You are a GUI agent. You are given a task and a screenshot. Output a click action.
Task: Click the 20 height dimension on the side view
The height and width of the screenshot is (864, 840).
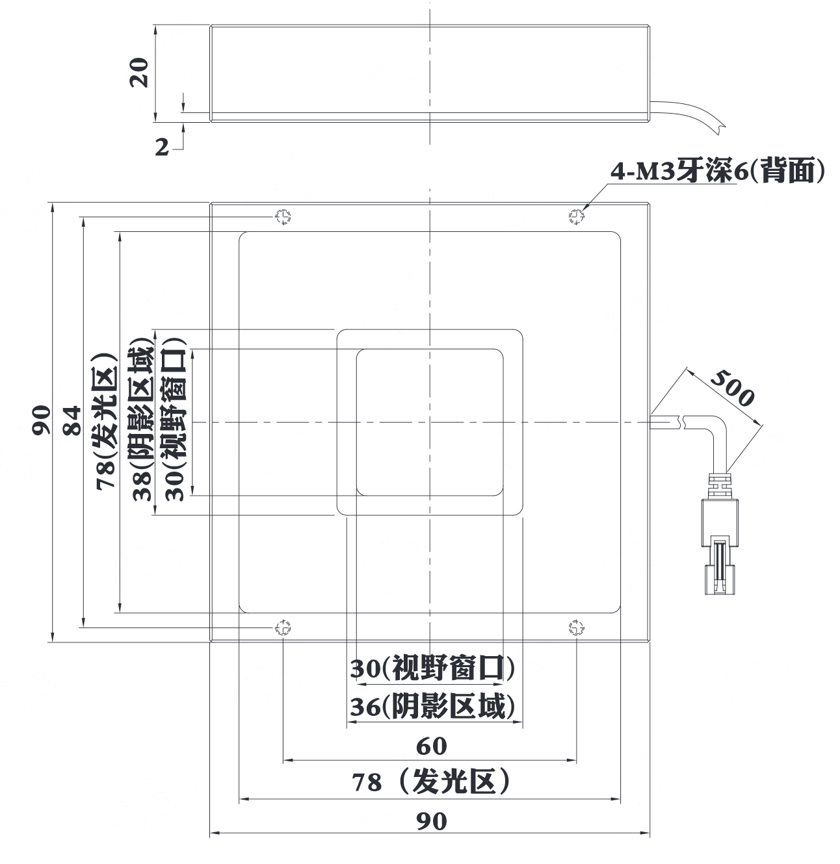[138, 72]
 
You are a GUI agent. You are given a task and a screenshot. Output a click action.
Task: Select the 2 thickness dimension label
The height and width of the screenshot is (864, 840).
[162, 147]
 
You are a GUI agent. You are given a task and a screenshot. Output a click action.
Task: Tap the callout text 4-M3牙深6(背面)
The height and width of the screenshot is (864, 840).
[717, 170]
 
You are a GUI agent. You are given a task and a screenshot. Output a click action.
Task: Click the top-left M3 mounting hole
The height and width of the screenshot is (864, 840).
[283, 217]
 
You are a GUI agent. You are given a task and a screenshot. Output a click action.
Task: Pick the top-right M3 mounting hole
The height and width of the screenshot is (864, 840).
[577, 217]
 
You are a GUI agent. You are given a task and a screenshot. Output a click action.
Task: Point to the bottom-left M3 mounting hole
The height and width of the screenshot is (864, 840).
[283, 628]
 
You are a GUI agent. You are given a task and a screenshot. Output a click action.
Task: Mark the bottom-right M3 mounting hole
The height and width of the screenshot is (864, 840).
[577, 628]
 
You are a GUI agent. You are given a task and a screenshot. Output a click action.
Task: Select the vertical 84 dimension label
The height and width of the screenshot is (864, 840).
[72, 420]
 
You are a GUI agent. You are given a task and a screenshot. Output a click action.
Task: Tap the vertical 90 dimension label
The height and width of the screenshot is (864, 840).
[42, 420]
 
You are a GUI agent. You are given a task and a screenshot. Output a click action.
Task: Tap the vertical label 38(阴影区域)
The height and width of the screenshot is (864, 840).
[143, 424]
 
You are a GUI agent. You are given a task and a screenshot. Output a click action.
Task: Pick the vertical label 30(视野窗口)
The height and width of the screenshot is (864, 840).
[175, 420]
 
